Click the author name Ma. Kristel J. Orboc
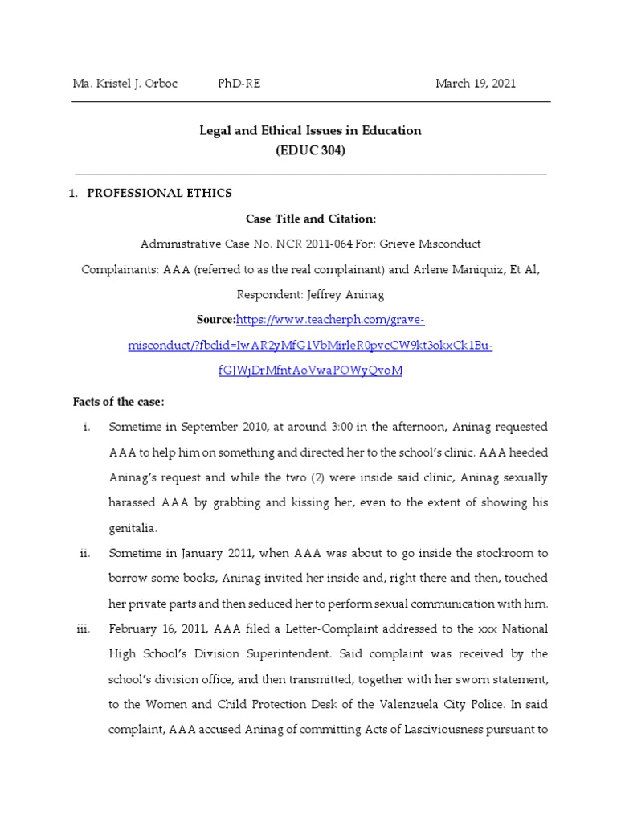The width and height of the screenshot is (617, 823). click(125, 84)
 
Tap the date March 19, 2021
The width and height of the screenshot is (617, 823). click(476, 84)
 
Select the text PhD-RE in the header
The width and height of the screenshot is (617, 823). click(239, 84)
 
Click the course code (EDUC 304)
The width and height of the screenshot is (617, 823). click(310, 149)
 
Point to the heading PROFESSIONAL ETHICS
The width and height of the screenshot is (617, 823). click(159, 193)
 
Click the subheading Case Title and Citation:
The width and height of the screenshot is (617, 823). click(310, 218)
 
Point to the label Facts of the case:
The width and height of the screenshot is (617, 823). click(118, 402)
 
